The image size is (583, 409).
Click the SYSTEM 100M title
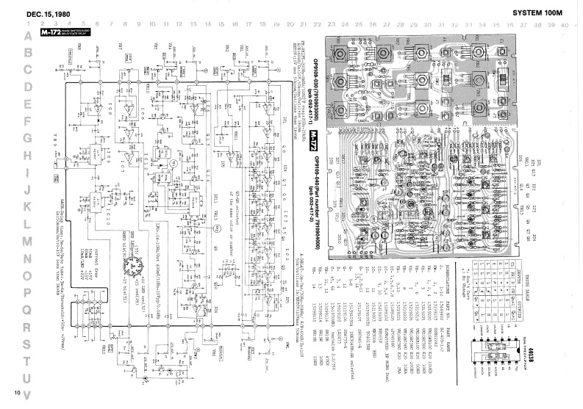pos(537,13)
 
